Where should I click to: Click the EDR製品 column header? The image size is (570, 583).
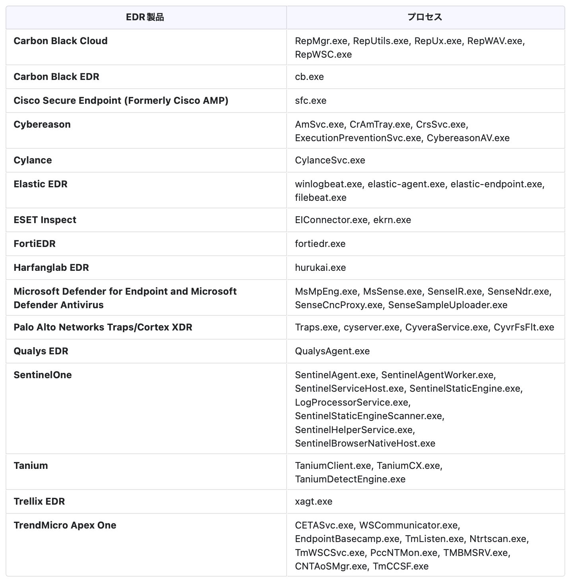[x=145, y=17]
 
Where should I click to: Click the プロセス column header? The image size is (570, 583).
[x=425, y=17]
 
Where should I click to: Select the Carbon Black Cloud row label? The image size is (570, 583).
[x=60, y=41]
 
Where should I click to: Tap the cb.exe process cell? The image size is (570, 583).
[x=309, y=77]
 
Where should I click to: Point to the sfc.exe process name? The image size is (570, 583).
[x=310, y=101]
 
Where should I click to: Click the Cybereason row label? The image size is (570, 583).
[x=42, y=124]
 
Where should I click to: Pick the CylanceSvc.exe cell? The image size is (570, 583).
[x=330, y=160]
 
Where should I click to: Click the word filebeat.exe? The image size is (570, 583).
[x=320, y=198]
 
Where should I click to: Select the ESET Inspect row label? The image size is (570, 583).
[x=45, y=220]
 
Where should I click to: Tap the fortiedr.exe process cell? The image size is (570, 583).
[x=320, y=244]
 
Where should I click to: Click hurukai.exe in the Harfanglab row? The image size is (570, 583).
[x=320, y=268]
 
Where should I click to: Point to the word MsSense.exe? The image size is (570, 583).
[x=392, y=291]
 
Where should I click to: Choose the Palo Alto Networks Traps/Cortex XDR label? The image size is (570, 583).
[x=103, y=327]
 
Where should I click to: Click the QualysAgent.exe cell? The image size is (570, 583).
[x=332, y=351]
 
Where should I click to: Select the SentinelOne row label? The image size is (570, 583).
[x=43, y=375]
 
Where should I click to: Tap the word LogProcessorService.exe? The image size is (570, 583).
[x=353, y=402]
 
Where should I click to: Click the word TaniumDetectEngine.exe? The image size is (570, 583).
[x=350, y=479]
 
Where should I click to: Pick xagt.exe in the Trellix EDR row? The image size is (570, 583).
[x=314, y=501]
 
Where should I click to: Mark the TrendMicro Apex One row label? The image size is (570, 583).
[x=65, y=525]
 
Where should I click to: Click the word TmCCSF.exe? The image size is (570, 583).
[x=401, y=566]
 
